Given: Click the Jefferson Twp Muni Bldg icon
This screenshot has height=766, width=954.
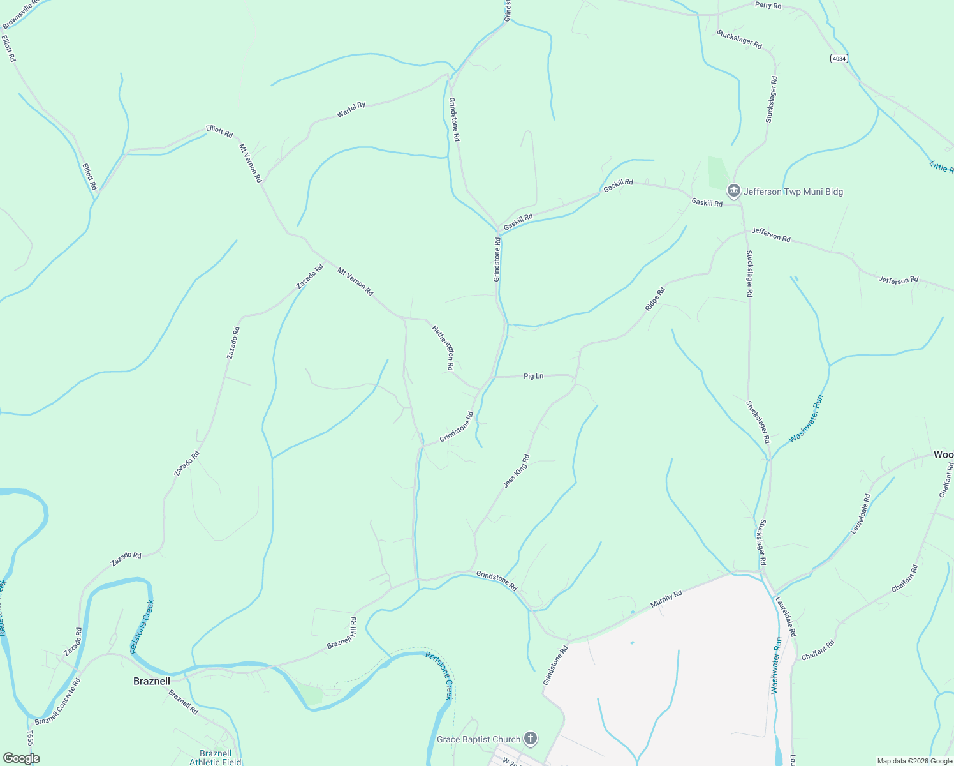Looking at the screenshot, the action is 734,191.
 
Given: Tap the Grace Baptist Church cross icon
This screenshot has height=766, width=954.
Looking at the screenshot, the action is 530,739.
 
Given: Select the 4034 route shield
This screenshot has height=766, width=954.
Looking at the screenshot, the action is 839,59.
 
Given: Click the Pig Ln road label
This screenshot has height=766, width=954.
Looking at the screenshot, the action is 533,376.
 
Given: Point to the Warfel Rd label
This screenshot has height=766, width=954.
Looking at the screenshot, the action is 351,110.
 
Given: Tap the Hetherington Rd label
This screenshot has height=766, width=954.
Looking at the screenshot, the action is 443,348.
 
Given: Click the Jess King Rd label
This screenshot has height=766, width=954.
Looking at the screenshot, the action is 516,471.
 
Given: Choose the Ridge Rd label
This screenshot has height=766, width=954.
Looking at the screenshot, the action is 655,299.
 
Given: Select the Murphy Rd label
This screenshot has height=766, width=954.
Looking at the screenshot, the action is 666,599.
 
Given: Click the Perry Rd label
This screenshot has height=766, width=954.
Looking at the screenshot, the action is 768,6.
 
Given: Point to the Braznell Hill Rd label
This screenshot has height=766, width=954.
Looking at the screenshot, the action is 342,633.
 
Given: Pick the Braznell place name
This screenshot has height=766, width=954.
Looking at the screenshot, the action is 152,681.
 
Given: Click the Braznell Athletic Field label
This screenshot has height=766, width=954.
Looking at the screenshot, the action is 215,758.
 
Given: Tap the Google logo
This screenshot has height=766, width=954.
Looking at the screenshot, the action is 21,758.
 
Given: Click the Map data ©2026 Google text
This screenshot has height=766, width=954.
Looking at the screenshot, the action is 914,761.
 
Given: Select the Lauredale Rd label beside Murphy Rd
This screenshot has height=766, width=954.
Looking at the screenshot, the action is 786,617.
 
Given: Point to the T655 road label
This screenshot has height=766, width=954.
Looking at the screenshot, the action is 29,739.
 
